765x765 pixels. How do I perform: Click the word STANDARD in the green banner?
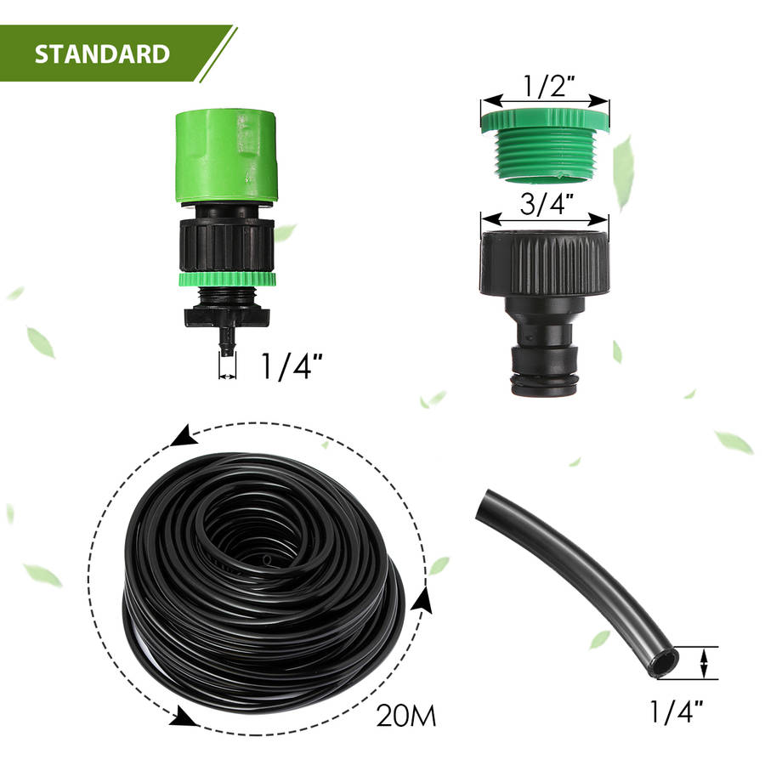click(x=102, y=54)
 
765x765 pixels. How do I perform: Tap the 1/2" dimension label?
click(x=548, y=86)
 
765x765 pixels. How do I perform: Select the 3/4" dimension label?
click(x=546, y=204)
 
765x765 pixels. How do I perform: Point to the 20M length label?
click(x=406, y=716)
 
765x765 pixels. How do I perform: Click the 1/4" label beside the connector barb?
click(x=292, y=365)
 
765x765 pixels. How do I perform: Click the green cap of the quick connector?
click(x=226, y=156)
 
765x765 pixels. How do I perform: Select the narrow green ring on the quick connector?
click(x=227, y=280)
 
